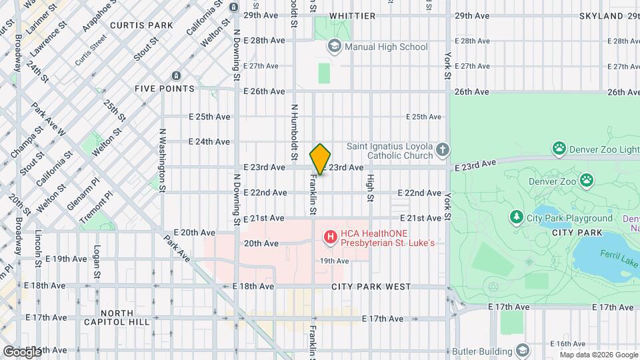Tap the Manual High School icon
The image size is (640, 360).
tap(334, 47)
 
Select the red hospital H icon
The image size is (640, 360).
tap(329, 237)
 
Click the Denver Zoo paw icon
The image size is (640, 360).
tap(587, 180)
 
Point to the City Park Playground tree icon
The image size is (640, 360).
tap(516, 217)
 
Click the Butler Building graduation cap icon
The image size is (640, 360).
tap(523, 351)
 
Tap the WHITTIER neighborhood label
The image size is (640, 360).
tap(352, 15)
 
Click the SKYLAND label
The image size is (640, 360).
tap(602, 15)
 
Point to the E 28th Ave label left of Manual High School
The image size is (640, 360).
tap(264, 41)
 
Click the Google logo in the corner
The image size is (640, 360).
tap(21, 351)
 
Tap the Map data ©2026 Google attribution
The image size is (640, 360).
tap(597, 355)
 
